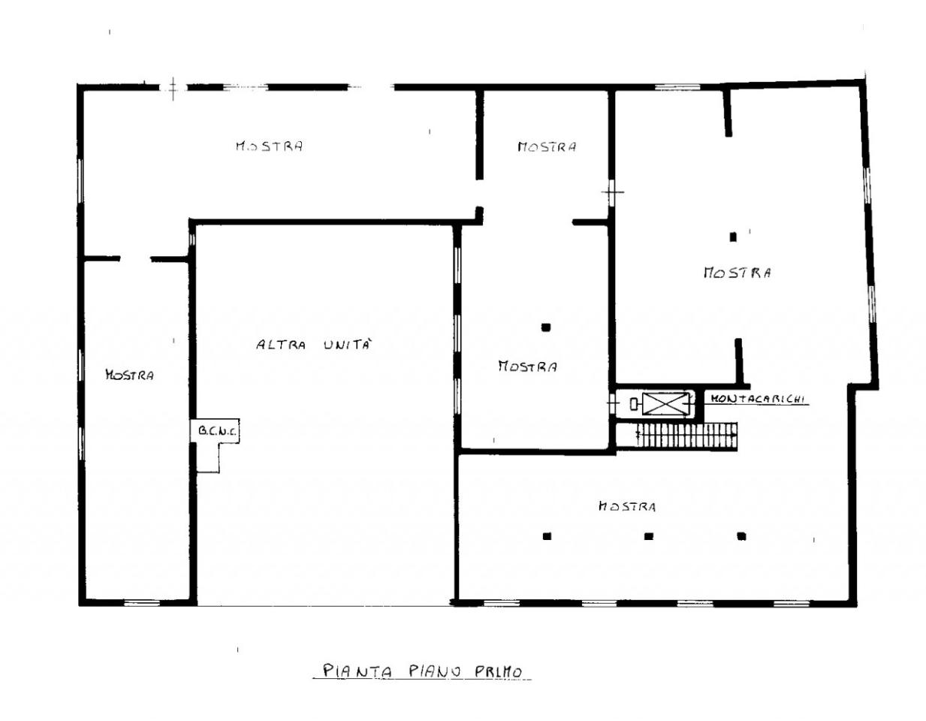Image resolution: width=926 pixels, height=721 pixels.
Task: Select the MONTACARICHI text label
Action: point(757,399)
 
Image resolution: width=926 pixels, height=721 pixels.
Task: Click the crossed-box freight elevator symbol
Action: point(665,403)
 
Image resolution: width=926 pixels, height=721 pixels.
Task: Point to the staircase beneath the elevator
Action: point(686,436)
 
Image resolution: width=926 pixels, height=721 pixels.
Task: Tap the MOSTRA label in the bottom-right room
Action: point(627,506)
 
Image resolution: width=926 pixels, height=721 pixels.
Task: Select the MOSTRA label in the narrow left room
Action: point(129,375)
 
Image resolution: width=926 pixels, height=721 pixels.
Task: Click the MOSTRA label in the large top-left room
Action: point(270,146)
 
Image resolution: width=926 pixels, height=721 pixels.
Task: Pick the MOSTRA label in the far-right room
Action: point(737,273)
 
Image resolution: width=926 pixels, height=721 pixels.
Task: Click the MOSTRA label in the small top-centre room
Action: point(547,146)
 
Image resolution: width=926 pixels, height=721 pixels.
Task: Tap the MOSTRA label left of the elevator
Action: point(527,367)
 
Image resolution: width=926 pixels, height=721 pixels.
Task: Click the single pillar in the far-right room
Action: point(733,237)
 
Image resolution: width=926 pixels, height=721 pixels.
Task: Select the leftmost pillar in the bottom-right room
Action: point(547,536)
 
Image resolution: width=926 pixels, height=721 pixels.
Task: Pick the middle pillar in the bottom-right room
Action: point(649,536)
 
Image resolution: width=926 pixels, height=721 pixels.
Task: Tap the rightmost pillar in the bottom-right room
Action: point(741,536)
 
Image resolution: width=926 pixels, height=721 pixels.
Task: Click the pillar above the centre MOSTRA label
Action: point(546,327)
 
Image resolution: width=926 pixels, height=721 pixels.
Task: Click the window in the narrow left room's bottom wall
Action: point(142,602)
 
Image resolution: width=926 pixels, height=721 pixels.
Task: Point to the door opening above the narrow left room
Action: point(135,258)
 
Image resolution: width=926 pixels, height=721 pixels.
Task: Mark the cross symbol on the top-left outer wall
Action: point(173,89)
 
